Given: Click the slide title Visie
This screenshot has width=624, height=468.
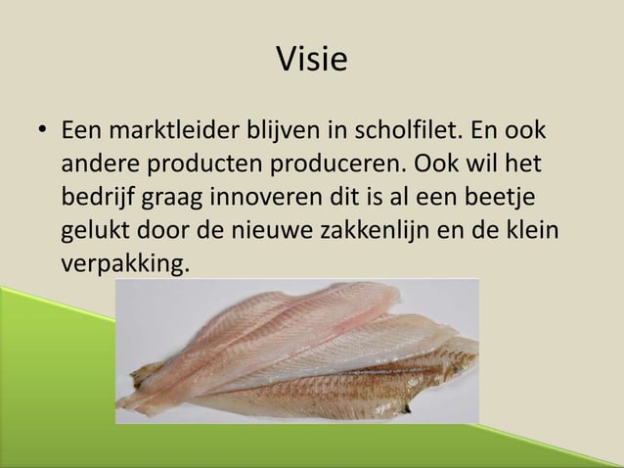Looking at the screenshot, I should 312,60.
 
